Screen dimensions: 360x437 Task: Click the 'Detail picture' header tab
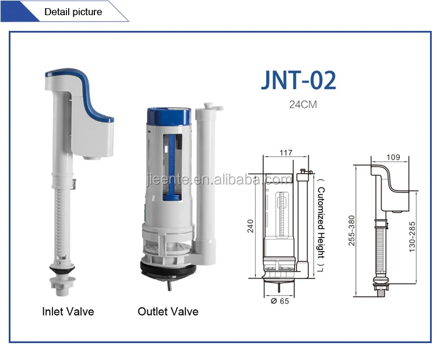click(73, 12)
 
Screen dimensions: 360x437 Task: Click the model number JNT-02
click(298, 80)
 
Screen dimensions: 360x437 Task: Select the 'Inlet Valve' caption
click(68, 312)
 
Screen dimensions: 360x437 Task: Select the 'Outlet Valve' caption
click(168, 312)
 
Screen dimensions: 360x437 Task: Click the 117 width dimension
click(286, 153)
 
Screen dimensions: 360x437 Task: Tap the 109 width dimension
click(393, 157)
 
